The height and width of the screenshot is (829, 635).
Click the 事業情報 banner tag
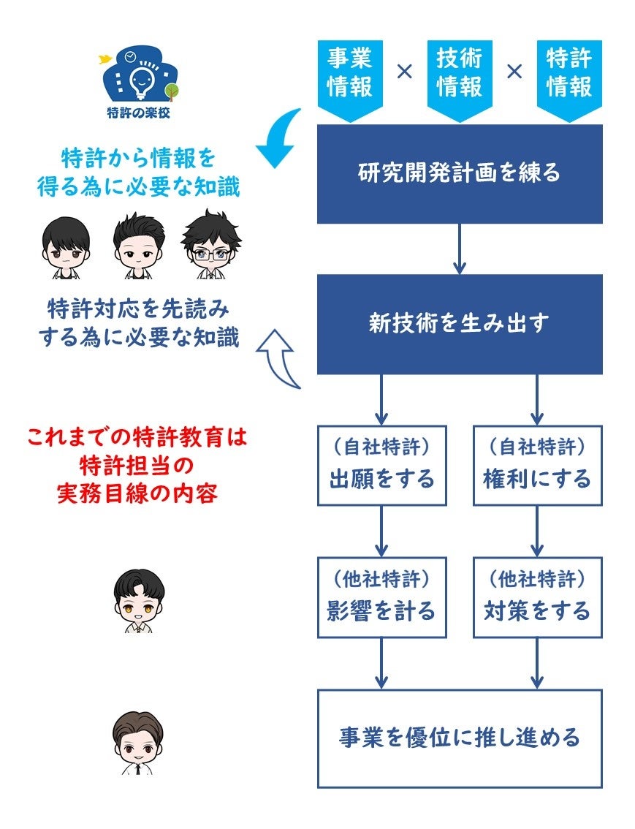(349, 73)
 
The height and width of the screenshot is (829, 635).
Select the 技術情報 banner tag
(459, 73)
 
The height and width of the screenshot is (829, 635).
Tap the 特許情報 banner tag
(569, 73)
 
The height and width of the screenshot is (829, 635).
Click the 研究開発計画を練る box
(460, 174)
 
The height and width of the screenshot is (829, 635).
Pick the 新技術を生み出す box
(460, 324)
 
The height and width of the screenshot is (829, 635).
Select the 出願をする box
(381, 466)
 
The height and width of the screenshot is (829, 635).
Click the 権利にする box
(537, 466)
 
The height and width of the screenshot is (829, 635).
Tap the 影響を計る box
(381, 597)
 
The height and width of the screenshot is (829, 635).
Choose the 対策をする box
(537, 597)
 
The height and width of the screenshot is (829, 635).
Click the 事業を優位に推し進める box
(460, 738)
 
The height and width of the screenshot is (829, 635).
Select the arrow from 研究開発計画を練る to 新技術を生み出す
(460, 249)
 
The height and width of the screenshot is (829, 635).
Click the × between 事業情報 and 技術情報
(404, 72)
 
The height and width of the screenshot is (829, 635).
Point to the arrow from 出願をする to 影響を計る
(381, 531)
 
